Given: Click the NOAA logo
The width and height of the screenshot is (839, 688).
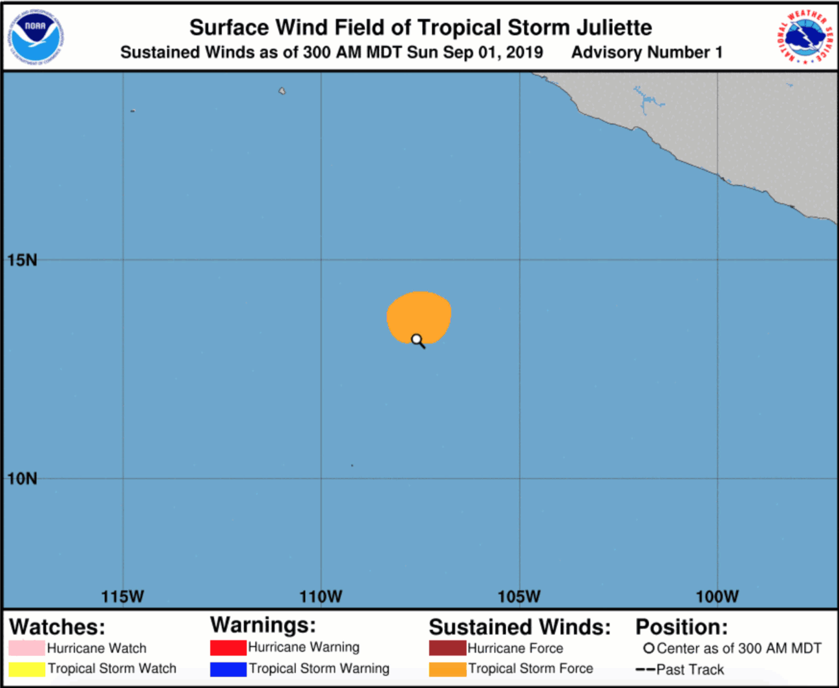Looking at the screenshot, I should coord(36,37).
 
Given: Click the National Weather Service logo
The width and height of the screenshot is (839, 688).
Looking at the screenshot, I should coord(805,37).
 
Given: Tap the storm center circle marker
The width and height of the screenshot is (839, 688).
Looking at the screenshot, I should coord(417,339).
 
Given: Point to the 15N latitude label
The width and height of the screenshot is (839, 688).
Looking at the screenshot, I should coord(23,260).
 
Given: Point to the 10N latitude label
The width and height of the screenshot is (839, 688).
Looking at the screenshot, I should coord(23,479).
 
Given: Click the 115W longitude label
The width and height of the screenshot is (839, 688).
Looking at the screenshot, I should coord(123,596).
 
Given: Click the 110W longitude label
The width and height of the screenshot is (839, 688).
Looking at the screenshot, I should coord(321,596).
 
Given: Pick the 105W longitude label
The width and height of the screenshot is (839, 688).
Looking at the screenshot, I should coord(519,596).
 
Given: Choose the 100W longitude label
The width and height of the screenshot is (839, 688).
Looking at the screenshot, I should coord(717,596).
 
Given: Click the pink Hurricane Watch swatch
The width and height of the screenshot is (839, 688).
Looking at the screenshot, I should coord(27,648).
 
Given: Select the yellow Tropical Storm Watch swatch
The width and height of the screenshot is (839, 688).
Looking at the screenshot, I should coord(27,669).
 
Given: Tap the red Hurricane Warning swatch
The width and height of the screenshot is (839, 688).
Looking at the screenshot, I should coord(228,647).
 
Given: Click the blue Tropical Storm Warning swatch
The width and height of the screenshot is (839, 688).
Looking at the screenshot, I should coord(228,669).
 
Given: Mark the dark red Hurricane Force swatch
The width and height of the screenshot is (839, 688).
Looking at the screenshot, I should coord(447,648).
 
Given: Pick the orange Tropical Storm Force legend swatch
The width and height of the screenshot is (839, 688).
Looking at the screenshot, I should coord(447,669).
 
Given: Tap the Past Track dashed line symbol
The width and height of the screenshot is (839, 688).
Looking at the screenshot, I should coord(645,670).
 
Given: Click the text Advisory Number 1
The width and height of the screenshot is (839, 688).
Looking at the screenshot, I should coord(646,52).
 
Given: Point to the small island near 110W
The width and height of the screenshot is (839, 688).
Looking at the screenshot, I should coord(282,91).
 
